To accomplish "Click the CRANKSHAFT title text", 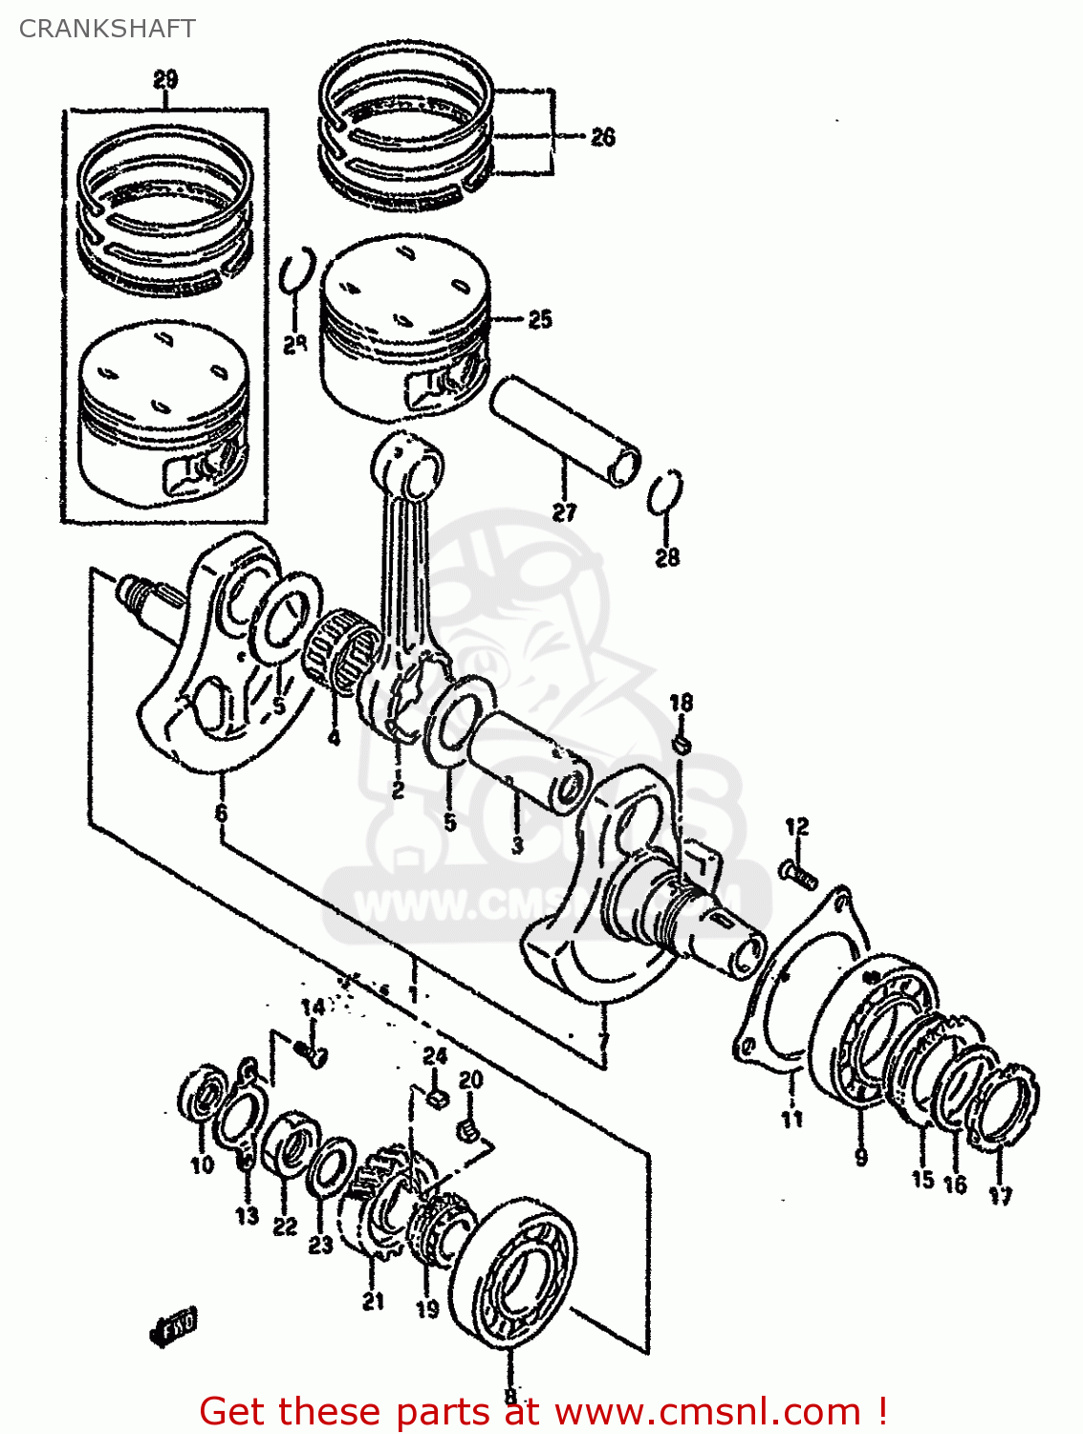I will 107,29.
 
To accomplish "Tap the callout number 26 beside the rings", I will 602,138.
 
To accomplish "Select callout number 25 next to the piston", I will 540,319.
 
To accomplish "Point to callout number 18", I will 681,704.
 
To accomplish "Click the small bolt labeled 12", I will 799,871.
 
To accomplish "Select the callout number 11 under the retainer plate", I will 791,1118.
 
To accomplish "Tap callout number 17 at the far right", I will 1000,1195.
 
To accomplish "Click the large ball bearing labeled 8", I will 513,1271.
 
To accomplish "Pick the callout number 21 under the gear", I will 373,1300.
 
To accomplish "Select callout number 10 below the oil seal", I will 202,1164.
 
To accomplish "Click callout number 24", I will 435,1055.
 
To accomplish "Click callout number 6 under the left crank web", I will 222,814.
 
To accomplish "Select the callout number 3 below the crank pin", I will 517,845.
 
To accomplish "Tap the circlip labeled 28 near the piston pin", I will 665,494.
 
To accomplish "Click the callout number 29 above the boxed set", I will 165,79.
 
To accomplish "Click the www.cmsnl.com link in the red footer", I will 707,1411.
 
